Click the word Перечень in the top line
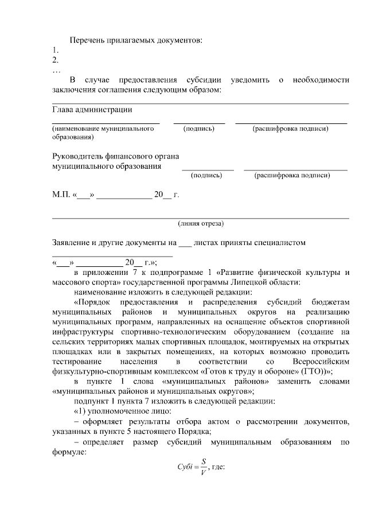tap(87, 40)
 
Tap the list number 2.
tap(55, 60)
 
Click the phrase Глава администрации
tap(92, 109)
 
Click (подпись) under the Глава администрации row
tap(199, 129)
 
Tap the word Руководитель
tap(77, 156)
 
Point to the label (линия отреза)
tap(201, 223)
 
